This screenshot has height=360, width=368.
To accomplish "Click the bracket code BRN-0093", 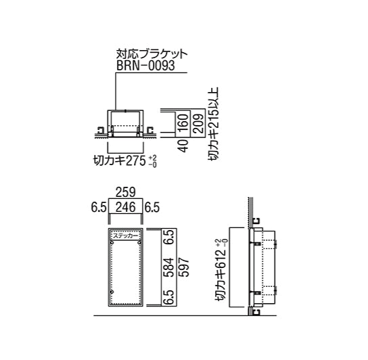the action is [x=145, y=65].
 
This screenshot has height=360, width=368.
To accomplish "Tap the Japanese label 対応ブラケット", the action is [x=152, y=54].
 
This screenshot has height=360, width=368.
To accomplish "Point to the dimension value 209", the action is [x=198, y=124].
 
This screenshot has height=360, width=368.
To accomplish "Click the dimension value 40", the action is [x=183, y=146].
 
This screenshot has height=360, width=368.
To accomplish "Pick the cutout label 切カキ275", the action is [x=120, y=161].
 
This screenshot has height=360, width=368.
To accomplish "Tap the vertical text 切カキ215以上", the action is [x=214, y=124].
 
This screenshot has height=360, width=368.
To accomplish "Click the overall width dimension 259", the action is [x=126, y=192].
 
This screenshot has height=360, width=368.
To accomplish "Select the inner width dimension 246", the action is [x=126, y=207].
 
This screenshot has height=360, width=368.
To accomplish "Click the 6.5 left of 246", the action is [x=99, y=208].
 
